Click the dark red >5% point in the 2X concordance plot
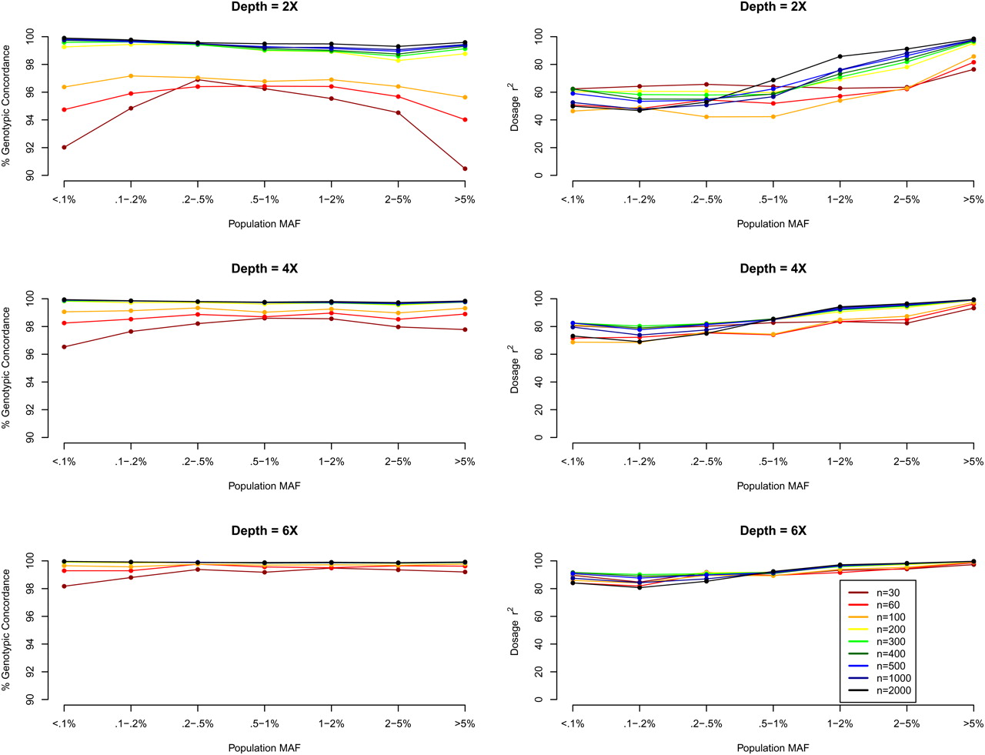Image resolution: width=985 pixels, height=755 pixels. click(x=465, y=169)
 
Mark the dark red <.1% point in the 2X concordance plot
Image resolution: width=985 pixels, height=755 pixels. click(x=64, y=147)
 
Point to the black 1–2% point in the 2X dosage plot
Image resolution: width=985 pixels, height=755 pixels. click(x=840, y=56)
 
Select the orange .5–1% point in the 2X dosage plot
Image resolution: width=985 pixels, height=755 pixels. click(x=773, y=116)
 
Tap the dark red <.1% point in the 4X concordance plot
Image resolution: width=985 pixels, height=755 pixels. click(x=64, y=347)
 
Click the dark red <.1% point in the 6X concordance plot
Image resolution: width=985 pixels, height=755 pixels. click(x=64, y=586)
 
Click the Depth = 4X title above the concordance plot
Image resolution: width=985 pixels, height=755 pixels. click(x=264, y=269)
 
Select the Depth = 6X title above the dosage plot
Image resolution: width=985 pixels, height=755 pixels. click(x=773, y=531)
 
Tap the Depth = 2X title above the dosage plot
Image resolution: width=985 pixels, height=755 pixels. click(x=773, y=7)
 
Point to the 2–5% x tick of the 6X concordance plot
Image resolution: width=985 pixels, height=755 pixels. click(x=398, y=723)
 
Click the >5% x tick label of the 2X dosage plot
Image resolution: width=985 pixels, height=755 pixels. click(x=973, y=199)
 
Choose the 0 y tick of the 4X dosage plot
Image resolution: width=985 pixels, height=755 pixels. click(x=539, y=437)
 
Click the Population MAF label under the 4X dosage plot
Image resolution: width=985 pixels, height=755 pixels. click(x=773, y=486)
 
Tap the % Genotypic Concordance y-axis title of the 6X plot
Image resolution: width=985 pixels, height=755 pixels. click(x=7, y=630)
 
